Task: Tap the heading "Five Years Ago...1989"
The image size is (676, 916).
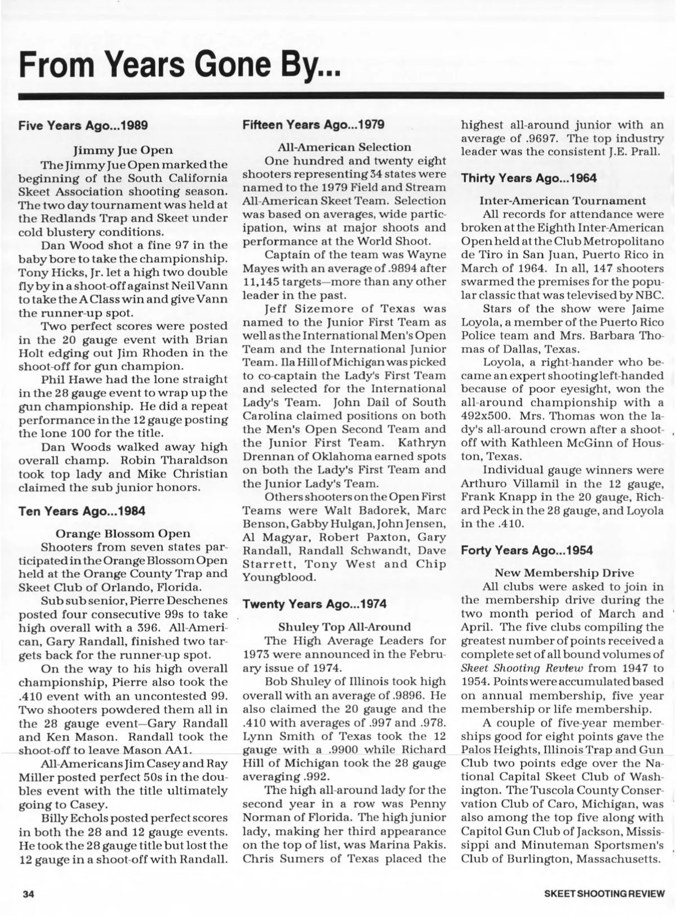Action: click(x=83, y=125)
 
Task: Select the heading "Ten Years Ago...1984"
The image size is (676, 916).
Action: click(x=82, y=511)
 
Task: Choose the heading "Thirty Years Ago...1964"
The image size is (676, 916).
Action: click(x=529, y=178)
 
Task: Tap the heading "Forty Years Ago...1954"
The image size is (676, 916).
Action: click(x=527, y=551)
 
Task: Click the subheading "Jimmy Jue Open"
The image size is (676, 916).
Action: click(x=123, y=151)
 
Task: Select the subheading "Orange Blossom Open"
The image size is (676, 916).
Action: click(x=123, y=533)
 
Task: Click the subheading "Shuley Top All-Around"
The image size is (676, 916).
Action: click(x=345, y=627)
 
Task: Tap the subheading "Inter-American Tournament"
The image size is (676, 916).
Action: click(x=562, y=201)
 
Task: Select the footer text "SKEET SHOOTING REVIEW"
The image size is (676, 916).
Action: click(x=604, y=893)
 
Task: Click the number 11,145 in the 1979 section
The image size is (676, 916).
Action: click(x=263, y=281)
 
